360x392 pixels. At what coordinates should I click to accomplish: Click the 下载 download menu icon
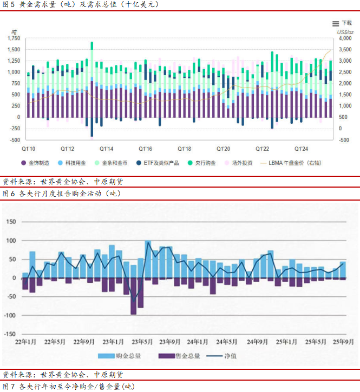[336, 23]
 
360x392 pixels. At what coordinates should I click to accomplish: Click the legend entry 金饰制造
[37, 162]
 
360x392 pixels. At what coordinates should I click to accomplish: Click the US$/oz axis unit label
[345, 32]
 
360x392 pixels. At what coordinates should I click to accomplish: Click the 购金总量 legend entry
[121, 356]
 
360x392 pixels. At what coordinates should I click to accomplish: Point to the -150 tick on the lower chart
[10, 334]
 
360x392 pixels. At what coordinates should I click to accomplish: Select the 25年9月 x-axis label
[343, 341]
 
